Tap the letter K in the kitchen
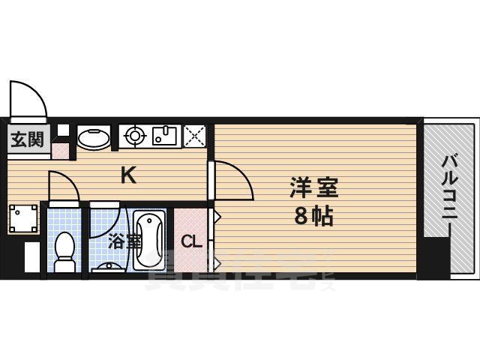[x=129, y=176]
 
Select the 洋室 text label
[x=311, y=185]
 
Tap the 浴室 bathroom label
[x=124, y=241]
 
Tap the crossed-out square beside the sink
[x=196, y=136]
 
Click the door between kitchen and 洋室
[x=231, y=178]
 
